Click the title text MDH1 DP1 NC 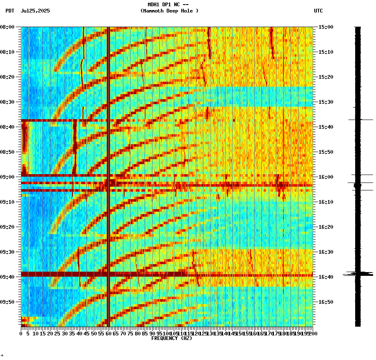pos(168,5)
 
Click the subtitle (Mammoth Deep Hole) pos(169,11)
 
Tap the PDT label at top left pos(10,11)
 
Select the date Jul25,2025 pos(35,11)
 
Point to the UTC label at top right pos(318,11)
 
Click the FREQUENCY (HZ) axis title pos(172,338)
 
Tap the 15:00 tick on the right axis pos(326,27)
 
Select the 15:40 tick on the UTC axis pos(326,127)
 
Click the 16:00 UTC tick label pos(326,177)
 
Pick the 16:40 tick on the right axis pos(326,277)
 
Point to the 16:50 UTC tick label pos(326,302)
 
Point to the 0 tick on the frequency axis pos(21,334)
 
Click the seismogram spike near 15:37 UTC pos(361,120)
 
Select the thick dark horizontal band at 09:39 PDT pos(167,274)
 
